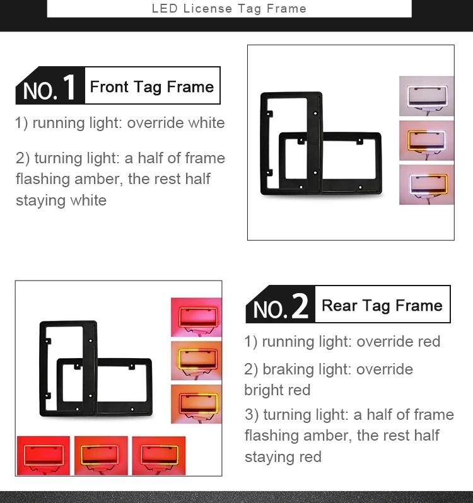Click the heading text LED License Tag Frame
[x=229, y=9]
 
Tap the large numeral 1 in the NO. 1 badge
[x=69, y=87]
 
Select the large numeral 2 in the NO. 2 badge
[x=300, y=306]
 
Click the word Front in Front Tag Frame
[x=109, y=87]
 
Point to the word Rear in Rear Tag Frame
[x=339, y=305]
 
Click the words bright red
[x=277, y=390]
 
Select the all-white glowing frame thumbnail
[x=426, y=96]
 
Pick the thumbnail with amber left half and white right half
[x=426, y=141]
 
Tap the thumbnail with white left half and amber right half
[x=426, y=185]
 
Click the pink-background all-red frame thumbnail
[x=196, y=317]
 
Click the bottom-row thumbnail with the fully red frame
[x=44, y=456]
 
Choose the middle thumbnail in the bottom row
[x=101, y=456]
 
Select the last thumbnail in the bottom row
[x=159, y=456]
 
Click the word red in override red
[x=429, y=342]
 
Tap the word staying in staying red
[x=270, y=457]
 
